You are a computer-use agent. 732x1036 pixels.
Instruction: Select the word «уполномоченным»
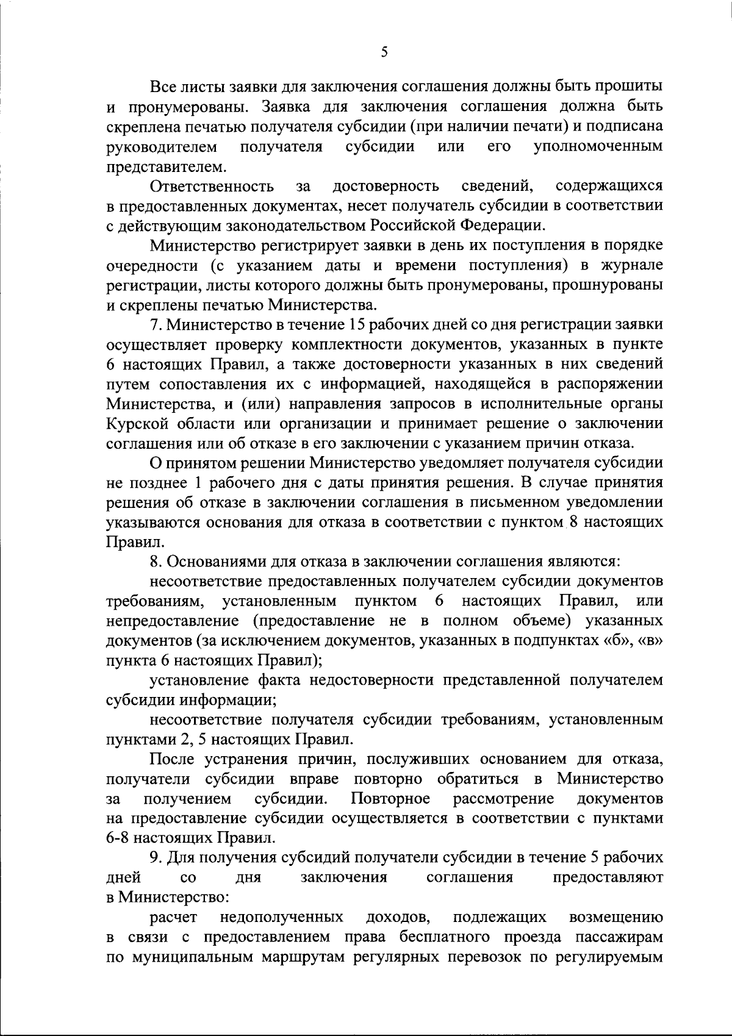click(x=598, y=147)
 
